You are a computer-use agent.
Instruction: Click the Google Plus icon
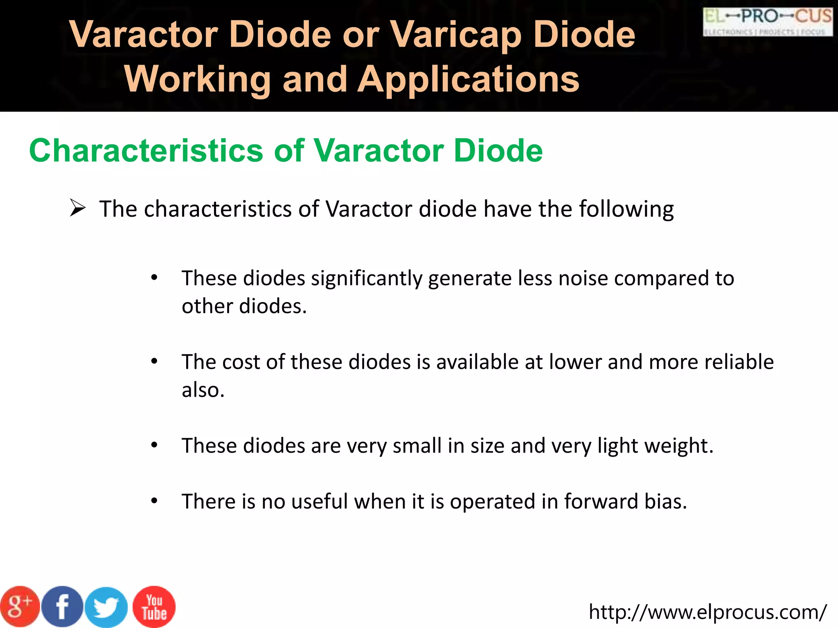point(20,607)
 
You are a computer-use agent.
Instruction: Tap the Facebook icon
point(62,607)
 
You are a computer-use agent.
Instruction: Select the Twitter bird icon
point(106,608)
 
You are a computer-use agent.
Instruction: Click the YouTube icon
point(154,607)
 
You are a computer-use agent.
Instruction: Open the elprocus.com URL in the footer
point(707,612)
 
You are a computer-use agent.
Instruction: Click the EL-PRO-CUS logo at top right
point(768,22)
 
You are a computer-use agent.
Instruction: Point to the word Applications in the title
point(469,79)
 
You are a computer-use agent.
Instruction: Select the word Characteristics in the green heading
point(146,150)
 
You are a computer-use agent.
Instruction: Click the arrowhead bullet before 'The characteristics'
point(77,208)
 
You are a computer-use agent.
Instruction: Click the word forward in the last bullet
point(601,501)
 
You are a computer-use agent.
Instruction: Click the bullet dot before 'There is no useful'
point(154,501)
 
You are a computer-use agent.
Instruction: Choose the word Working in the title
point(198,79)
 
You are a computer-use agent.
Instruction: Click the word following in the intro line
point(626,209)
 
